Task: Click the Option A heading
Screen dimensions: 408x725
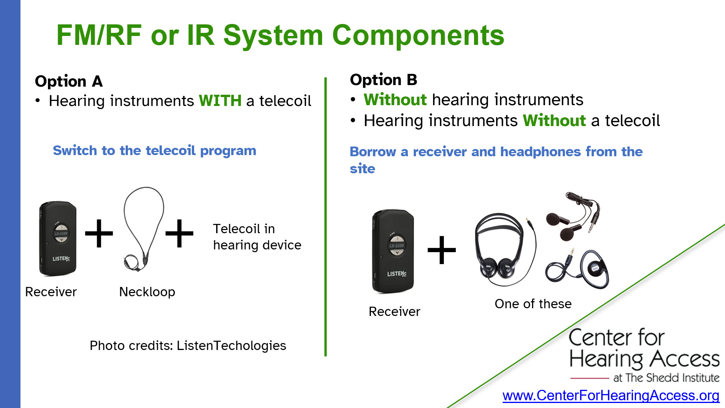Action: (x=69, y=82)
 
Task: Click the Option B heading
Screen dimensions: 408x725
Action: (x=383, y=80)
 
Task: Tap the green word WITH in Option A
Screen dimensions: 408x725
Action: (x=220, y=101)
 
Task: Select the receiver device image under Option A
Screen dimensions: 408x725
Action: (x=58, y=238)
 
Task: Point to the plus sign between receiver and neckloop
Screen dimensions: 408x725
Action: (x=99, y=233)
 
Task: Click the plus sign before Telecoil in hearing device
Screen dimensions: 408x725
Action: (x=179, y=233)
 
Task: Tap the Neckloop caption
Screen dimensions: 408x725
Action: (x=147, y=292)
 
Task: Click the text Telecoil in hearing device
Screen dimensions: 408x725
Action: (x=257, y=237)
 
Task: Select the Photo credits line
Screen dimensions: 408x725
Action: (x=188, y=345)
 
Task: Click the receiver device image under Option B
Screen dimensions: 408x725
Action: (x=393, y=251)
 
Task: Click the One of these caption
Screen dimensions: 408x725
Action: (x=533, y=304)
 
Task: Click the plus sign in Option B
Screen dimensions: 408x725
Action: (x=442, y=250)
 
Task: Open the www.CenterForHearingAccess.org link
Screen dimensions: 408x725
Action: (x=611, y=396)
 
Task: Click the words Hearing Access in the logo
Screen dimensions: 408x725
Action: (x=644, y=359)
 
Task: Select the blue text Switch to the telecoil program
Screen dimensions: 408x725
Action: (x=154, y=150)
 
